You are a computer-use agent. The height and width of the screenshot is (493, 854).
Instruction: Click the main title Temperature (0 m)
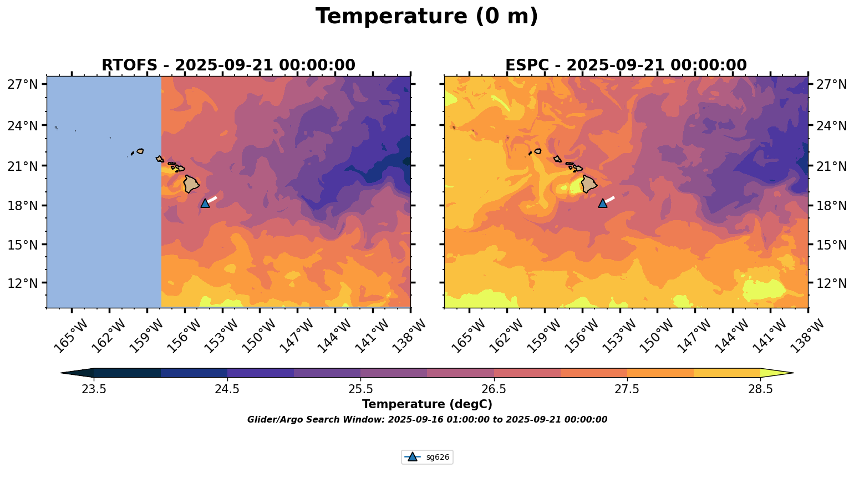tap(426, 17)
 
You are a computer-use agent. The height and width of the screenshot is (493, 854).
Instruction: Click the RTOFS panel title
tap(228, 65)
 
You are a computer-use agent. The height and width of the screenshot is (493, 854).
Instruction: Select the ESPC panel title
tap(626, 65)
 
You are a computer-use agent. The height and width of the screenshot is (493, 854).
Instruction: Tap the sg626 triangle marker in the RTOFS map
tap(205, 203)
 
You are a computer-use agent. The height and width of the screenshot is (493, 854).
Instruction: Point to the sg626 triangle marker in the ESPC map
tap(603, 203)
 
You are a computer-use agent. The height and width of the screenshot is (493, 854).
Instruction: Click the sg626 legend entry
tap(427, 457)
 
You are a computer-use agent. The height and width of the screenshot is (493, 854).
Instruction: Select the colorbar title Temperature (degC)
tap(427, 404)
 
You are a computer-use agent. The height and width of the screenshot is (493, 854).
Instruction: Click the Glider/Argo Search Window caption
tap(427, 420)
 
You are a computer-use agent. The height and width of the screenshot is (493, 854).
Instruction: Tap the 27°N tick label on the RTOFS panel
tap(23, 85)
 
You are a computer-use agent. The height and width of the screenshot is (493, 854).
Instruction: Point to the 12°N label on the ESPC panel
tap(832, 283)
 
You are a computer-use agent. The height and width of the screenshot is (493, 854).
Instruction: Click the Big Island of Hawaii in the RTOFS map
tap(191, 184)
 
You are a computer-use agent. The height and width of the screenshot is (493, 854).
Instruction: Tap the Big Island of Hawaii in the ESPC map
tap(589, 184)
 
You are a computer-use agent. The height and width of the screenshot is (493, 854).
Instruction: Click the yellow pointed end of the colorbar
tap(776, 373)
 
